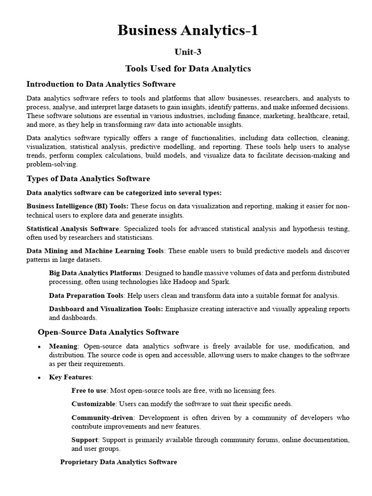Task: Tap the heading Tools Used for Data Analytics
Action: (188, 69)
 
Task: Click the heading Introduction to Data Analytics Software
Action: (101, 84)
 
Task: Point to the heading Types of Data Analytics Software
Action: (88, 179)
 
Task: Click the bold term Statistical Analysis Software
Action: (72, 229)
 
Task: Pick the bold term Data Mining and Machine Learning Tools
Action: (95, 251)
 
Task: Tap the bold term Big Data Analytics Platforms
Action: (95, 273)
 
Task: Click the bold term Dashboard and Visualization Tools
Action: (106, 309)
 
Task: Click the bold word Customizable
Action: (93, 404)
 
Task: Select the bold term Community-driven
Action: (102, 418)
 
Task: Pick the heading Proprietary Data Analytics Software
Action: (118, 462)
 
